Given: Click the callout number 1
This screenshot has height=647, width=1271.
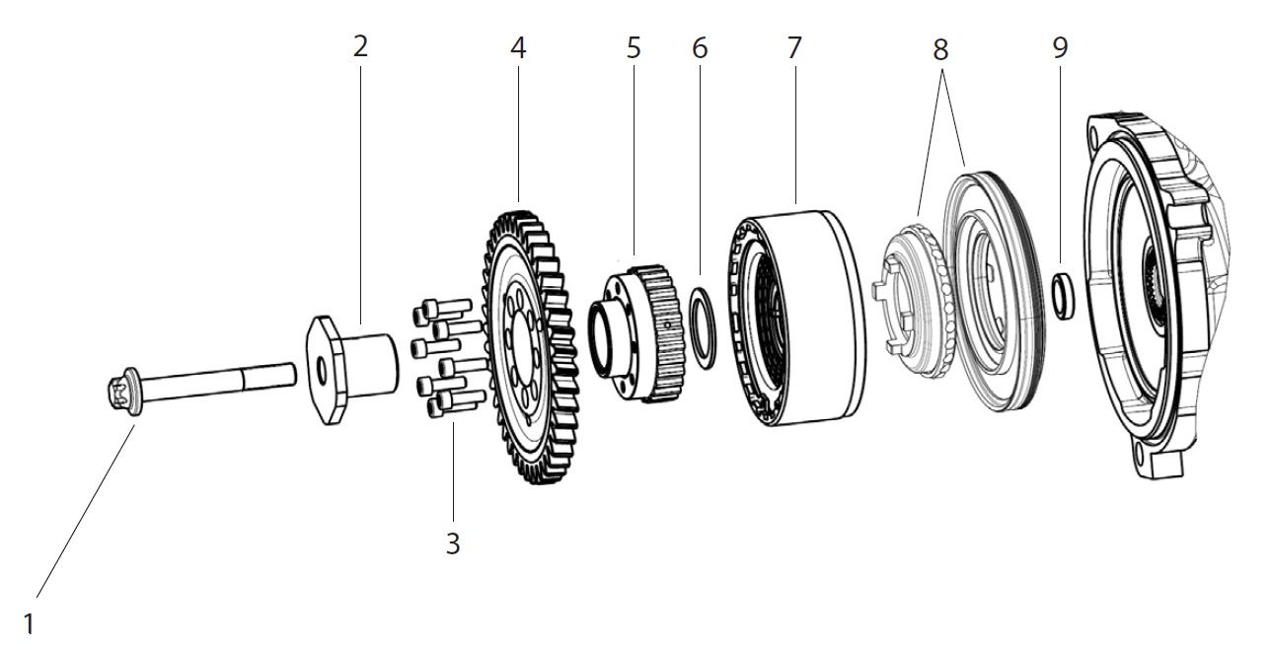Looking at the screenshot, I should (30, 623).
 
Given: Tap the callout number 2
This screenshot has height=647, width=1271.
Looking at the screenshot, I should (360, 47).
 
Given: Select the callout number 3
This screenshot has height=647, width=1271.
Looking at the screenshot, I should (453, 543).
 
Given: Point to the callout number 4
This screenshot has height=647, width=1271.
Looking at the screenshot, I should (518, 47).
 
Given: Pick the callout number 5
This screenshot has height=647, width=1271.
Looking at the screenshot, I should (634, 47).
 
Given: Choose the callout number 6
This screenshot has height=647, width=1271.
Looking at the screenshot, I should (700, 47).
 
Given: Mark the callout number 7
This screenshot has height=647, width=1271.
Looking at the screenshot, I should (795, 47).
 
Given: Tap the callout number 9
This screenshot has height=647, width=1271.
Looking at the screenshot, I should (1060, 47).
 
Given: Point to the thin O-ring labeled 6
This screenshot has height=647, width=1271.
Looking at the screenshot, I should (702, 326).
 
